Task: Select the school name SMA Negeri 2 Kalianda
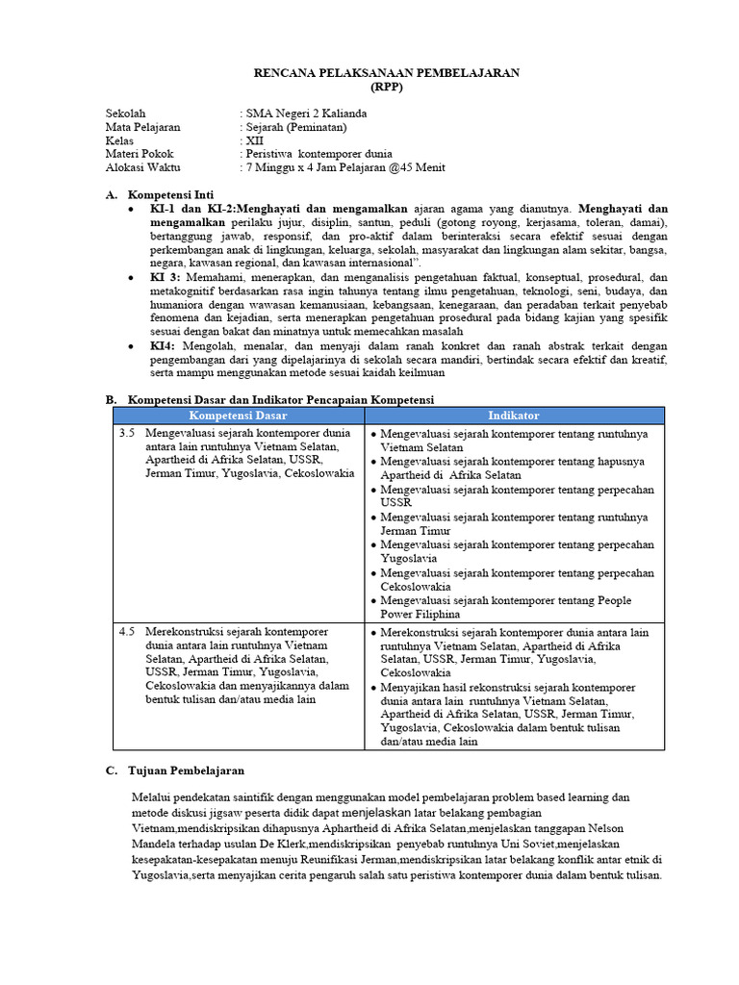(305, 114)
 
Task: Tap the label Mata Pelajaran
(142, 127)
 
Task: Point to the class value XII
(255, 140)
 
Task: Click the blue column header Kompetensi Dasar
(238, 415)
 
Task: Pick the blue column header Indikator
(514, 415)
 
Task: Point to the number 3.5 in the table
(127, 434)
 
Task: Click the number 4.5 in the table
(127, 632)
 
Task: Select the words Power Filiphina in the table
(420, 614)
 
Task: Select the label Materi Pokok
(140, 154)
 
